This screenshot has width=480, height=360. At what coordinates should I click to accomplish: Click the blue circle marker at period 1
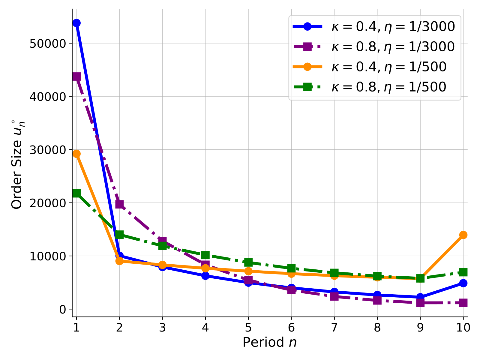(x=76, y=23)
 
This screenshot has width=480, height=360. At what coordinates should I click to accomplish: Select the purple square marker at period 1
(x=76, y=77)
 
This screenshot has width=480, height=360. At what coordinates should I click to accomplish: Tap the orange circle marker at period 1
(x=76, y=154)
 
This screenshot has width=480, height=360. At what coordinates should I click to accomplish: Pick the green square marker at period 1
(x=76, y=193)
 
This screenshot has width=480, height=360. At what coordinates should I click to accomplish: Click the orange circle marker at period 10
(x=463, y=235)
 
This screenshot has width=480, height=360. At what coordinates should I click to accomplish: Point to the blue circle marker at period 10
(x=463, y=283)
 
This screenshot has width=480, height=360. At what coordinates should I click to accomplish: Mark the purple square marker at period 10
(x=463, y=303)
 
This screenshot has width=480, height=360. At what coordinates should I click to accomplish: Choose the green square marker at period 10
(x=463, y=272)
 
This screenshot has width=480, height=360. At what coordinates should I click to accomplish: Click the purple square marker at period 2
(x=119, y=204)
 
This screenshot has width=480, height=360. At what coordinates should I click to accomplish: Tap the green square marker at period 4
(x=205, y=255)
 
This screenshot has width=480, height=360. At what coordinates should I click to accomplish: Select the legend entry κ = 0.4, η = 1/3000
(x=374, y=27)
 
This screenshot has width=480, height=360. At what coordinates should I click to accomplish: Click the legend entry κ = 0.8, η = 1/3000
(x=374, y=47)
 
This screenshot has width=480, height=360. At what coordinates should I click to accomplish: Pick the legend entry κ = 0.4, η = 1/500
(x=370, y=67)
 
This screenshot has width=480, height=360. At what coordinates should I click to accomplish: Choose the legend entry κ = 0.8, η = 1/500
(x=370, y=87)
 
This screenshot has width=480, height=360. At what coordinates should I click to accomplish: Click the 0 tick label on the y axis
(x=62, y=310)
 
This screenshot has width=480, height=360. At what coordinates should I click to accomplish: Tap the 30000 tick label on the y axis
(x=48, y=150)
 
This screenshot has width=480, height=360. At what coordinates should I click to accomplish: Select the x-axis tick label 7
(x=334, y=328)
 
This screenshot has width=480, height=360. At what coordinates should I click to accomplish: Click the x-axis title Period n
(x=270, y=342)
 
